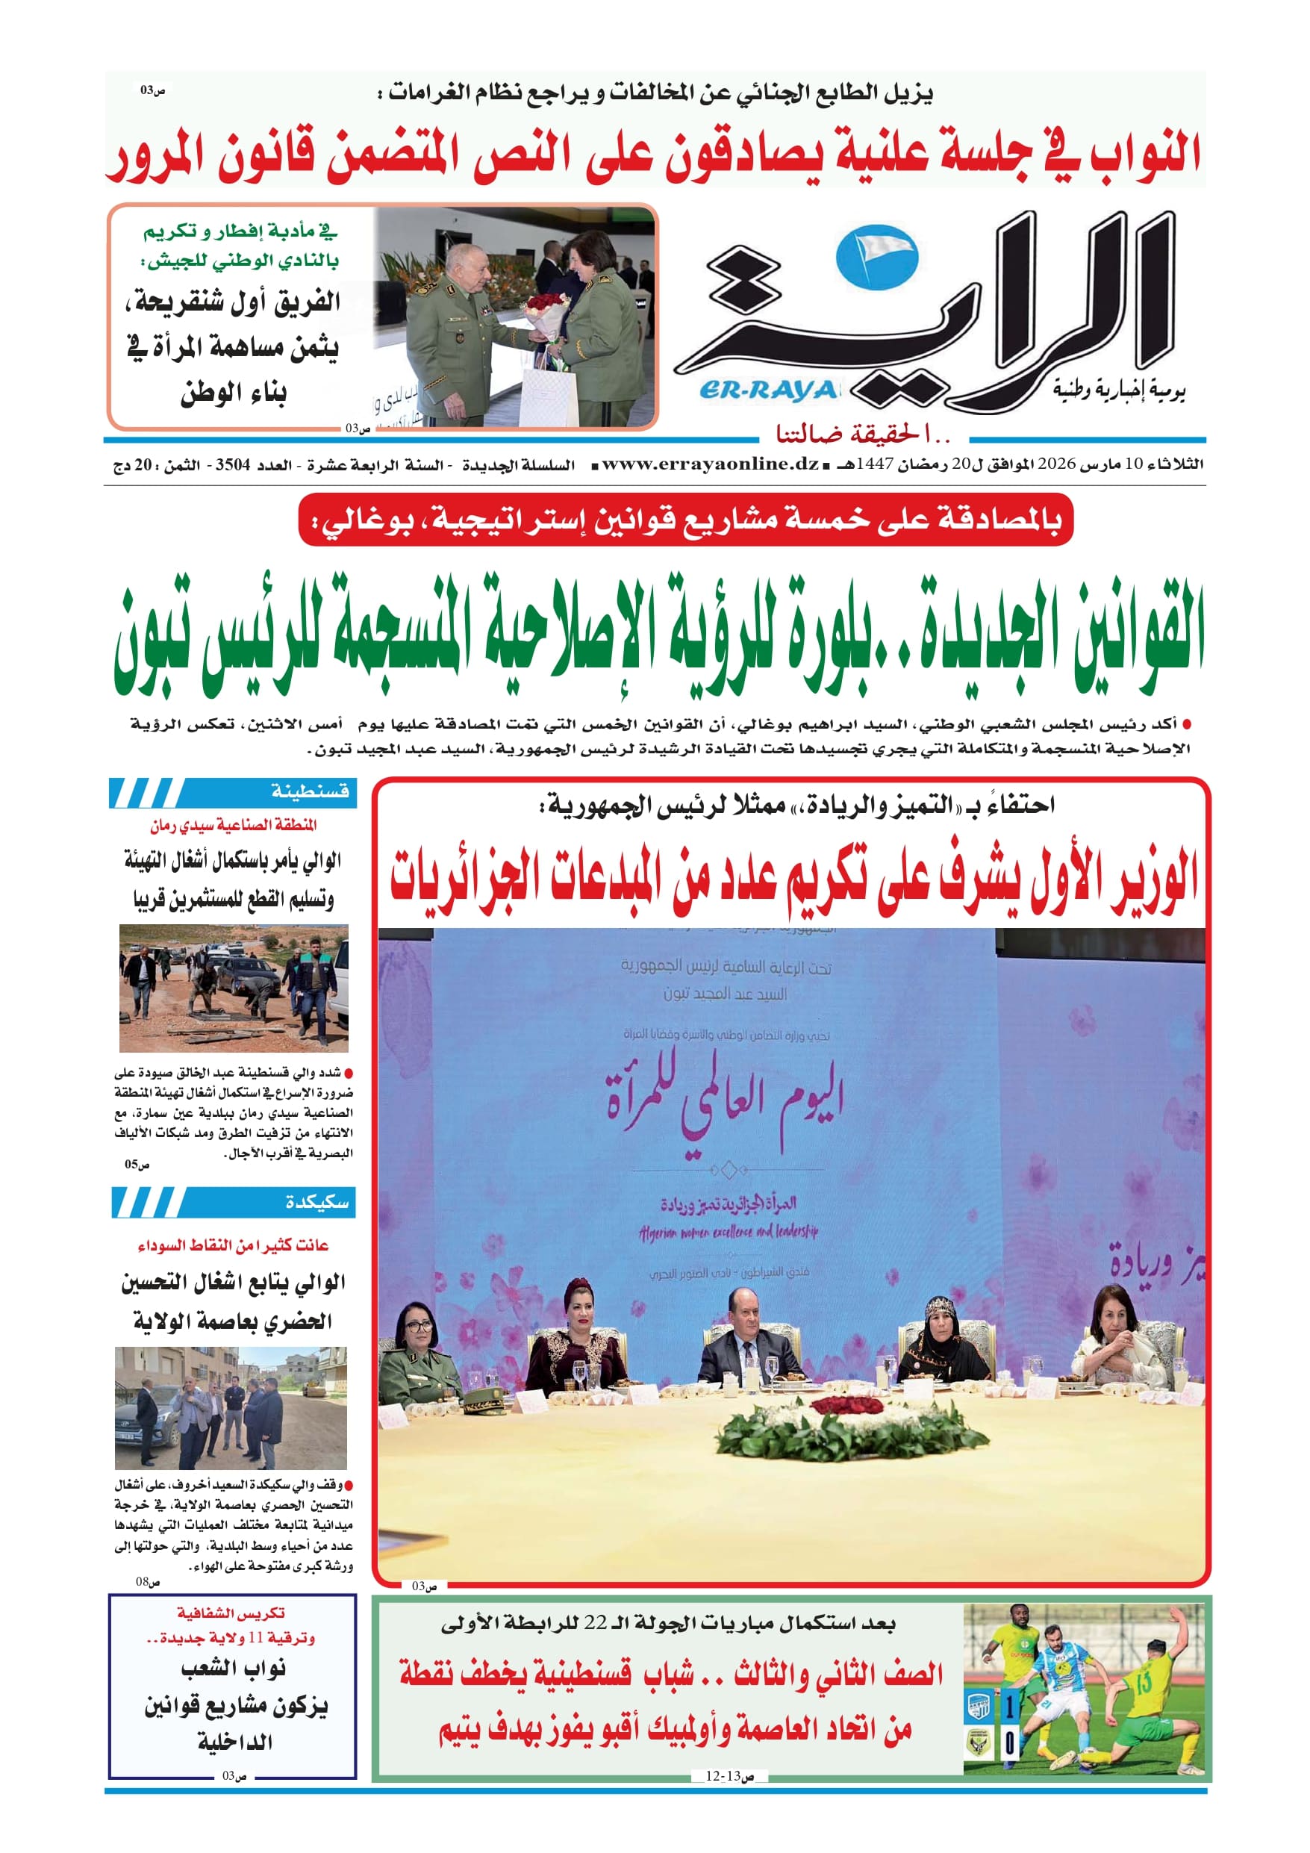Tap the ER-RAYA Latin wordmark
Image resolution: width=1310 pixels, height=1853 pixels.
click(x=767, y=390)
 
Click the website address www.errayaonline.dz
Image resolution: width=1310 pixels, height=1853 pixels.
click(x=711, y=464)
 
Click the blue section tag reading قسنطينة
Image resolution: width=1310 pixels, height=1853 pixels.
click(x=310, y=791)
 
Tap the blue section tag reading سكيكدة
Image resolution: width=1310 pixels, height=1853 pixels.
click(x=316, y=1203)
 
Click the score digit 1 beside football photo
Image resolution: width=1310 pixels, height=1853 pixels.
click(x=1010, y=1706)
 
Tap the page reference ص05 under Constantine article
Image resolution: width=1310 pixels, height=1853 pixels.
click(x=137, y=1165)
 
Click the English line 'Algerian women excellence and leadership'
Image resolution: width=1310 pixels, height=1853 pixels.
click(x=728, y=1232)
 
